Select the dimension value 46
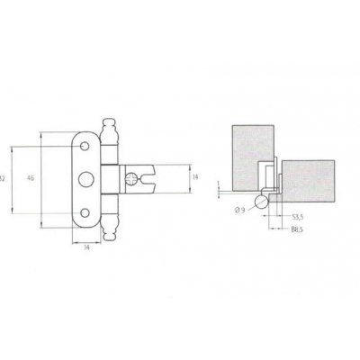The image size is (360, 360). [31, 179]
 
